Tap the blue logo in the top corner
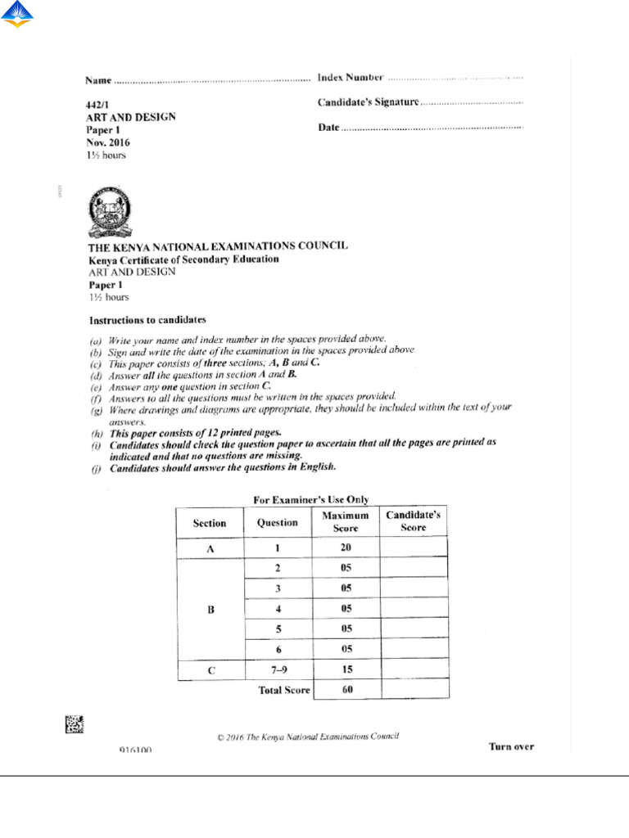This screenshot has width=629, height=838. click(17, 16)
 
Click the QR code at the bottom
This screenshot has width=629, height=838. click(75, 723)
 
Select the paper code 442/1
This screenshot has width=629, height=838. click(97, 106)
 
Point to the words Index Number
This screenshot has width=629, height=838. click(351, 78)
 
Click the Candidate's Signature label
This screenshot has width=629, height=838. click(368, 102)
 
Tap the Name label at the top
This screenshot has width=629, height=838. click(97, 81)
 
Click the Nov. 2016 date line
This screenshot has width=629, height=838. click(108, 142)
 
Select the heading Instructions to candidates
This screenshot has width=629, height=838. click(147, 319)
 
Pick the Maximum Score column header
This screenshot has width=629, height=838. click(346, 522)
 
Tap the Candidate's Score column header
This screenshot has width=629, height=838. click(414, 522)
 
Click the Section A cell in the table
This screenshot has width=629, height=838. click(210, 549)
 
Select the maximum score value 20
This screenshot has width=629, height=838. click(346, 549)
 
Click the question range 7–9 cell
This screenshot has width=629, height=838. click(278, 670)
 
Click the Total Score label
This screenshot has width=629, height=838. click(284, 691)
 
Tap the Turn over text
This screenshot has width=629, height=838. click(511, 746)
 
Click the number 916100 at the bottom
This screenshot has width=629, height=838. click(134, 750)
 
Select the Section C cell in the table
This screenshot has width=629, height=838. click(210, 670)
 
